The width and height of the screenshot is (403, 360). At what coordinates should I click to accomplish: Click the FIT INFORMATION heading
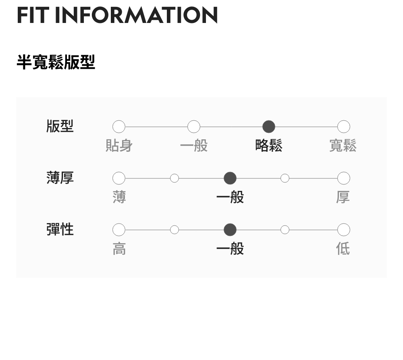coord(117,15)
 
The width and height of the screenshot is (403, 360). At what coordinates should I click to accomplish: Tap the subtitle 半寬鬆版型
coord(56,62)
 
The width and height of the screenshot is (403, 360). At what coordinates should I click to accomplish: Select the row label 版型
coord(60,126)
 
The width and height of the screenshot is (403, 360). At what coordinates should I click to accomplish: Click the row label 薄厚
coord(60,178)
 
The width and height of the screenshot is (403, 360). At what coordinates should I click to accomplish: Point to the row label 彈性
coord(60,230)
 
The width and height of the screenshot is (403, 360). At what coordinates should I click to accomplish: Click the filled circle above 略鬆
coord(269,127)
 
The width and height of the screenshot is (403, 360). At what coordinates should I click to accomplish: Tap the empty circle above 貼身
coord(119,127)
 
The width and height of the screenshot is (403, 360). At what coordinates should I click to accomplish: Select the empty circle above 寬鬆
coord(343,127)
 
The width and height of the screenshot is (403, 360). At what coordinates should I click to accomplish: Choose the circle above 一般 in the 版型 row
coord(194,127)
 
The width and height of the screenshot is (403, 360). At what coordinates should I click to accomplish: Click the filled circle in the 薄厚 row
coord(230,178)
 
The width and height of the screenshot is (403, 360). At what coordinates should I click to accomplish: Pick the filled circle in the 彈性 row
coord(230,230)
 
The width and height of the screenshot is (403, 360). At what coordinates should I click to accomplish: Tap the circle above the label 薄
coord(119,178)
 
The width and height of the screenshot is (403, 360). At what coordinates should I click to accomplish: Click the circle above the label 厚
coord(343,178)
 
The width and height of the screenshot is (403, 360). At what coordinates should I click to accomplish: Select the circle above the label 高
coord(119,230)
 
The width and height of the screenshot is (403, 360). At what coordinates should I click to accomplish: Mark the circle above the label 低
coord(343,230)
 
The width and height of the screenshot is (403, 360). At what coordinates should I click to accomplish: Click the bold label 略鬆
coord(269,145)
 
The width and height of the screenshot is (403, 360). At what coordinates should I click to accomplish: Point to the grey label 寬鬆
coord(343,145)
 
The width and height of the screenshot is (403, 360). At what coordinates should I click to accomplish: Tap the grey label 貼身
coord(119,145)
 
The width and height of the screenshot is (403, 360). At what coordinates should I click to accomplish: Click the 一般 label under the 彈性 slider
coord(230,249)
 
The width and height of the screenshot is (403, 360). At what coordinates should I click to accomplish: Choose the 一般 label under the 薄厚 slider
coord(230,197)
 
